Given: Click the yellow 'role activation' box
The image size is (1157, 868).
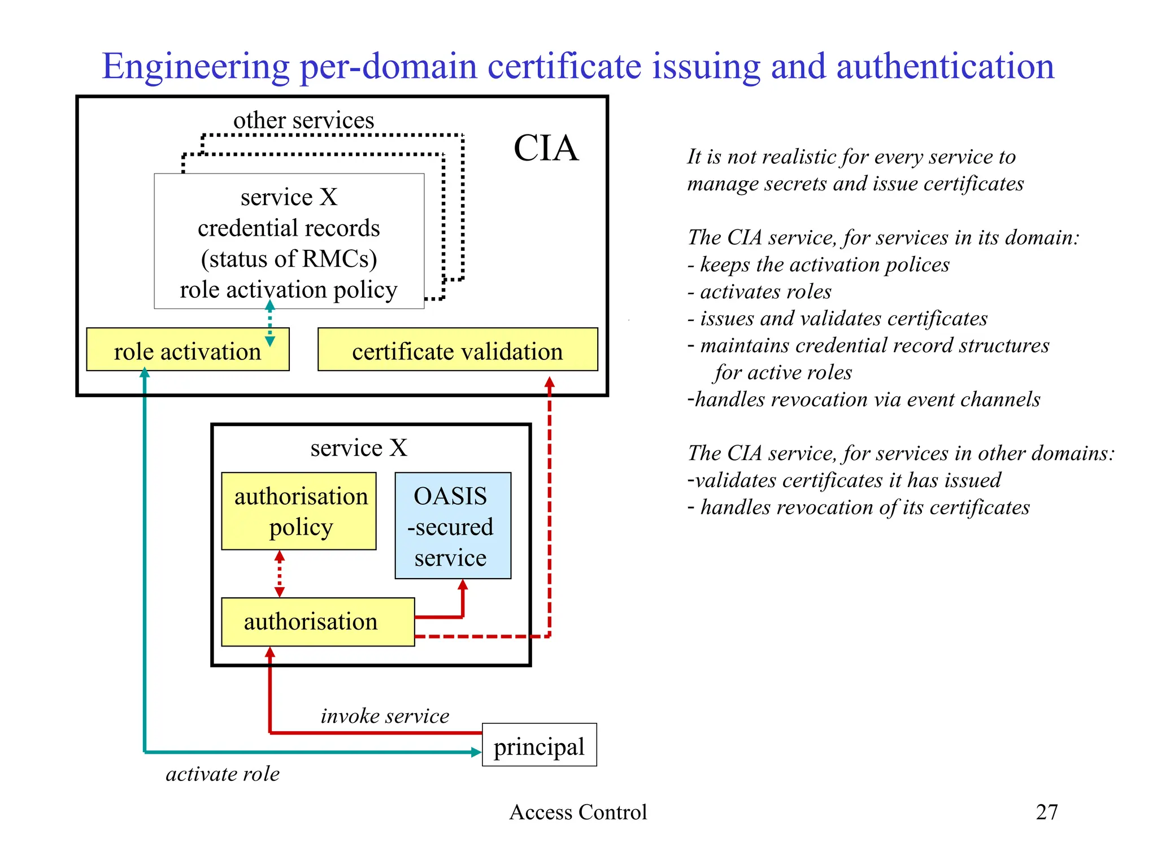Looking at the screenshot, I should [x=187, y=350].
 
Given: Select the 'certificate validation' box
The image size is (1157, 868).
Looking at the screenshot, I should [x=457, y=350].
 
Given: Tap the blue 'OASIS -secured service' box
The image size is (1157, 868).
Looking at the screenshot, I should [x=453, y=526].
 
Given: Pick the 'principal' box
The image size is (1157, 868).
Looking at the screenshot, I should [x=539, y=745].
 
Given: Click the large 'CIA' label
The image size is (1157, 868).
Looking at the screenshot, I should [x=545, y=148].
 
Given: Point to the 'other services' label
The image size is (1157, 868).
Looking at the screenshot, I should [x=303, y=120].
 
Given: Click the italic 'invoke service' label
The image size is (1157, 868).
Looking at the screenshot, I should [x=385, y=715].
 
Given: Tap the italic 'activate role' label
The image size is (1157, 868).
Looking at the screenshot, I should [x=223, y=774].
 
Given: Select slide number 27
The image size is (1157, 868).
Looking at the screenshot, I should [x=1046, y=812].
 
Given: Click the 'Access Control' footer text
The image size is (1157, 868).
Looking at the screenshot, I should [x=577, y=812].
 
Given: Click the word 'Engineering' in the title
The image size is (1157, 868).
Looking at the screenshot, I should [x=195, y=67].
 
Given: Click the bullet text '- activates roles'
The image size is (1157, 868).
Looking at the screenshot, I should [x=759, y=292].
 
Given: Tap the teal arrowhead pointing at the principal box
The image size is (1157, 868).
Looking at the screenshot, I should [x=476, y=752].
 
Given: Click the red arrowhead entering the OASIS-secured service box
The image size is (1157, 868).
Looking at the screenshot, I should [x=463, y=585].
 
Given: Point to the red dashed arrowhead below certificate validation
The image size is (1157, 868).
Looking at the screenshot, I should [x=549, y=383].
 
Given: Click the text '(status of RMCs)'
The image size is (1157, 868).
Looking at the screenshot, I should [x=289, y=259].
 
